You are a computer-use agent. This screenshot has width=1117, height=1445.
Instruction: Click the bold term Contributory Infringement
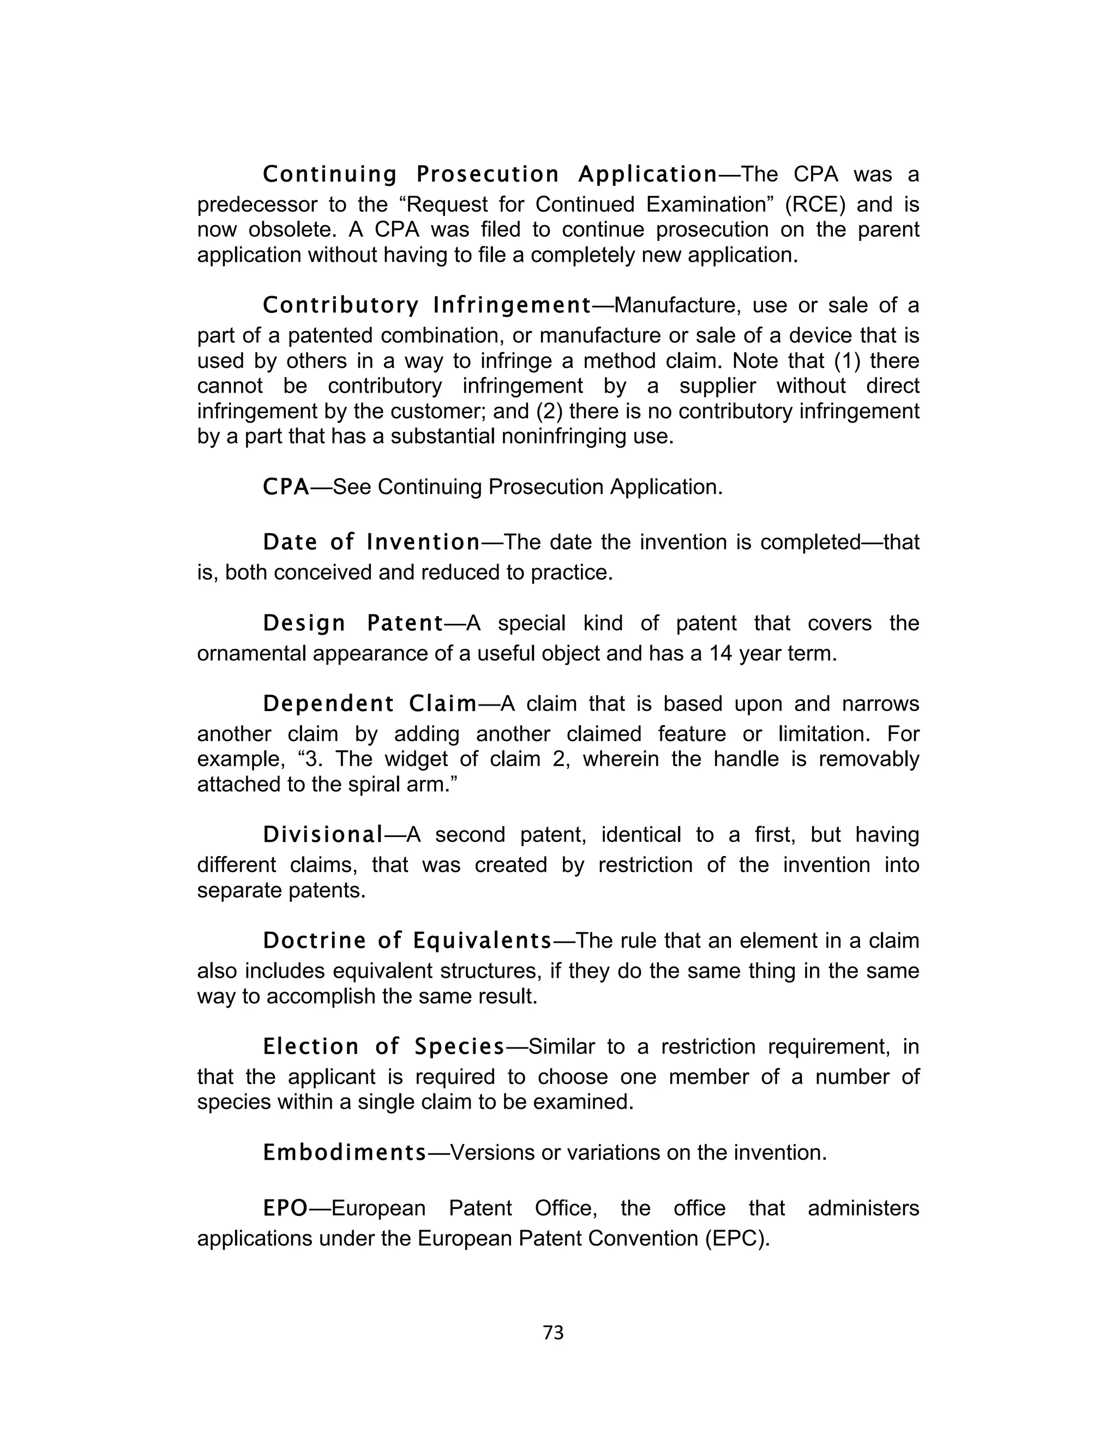[427, 306]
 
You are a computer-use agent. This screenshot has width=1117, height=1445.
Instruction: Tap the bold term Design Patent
[353, 623]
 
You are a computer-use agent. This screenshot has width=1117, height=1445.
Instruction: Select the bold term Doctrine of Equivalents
[407, 940]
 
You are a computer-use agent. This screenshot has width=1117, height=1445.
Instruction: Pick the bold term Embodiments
[345, 1153]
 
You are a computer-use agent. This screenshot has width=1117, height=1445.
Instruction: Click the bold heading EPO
[285, 1208]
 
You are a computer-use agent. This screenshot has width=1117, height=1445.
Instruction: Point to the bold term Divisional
[323, 835]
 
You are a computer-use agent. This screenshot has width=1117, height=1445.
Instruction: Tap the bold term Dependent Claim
[370, 704]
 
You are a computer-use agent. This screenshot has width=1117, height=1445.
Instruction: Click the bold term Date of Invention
[371, 543]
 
